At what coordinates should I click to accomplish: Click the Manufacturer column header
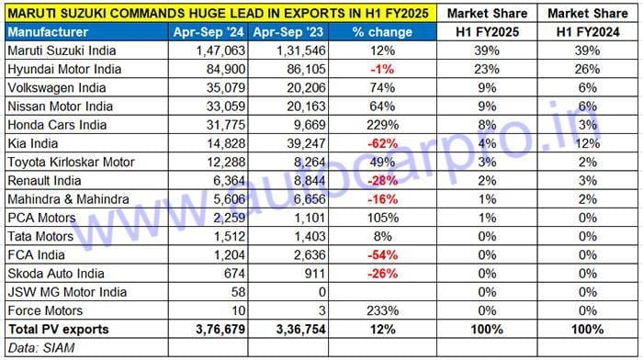click(x=43, y=32)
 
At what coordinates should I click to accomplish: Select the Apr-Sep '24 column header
click(x=209, y=32)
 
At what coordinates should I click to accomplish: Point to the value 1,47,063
click(x=218, y=51)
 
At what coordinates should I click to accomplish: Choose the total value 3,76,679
click(x=217, y=329)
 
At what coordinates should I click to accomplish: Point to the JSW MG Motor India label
click(x=66, y=292)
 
